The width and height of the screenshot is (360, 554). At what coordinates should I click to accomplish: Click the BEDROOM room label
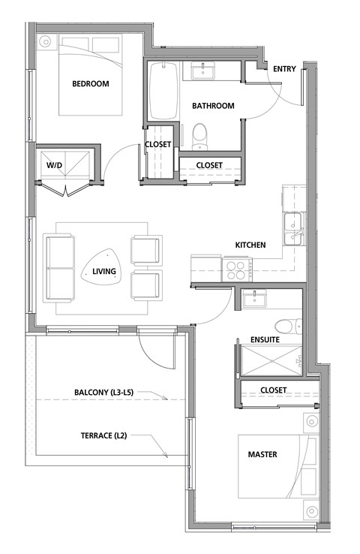tap(91, 84)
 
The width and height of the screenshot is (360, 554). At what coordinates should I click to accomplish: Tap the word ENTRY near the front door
tap(284, 70)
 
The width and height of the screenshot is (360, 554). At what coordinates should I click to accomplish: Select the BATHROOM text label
tap(213, 106)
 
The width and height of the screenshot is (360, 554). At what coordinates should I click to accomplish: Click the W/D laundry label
tap(55, 164)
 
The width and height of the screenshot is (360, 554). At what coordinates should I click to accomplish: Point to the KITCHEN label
tap(251, 245)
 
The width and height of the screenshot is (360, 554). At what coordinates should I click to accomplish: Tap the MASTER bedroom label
tap(262, 454)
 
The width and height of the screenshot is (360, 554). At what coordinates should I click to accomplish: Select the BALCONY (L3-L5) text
tap(111, 393)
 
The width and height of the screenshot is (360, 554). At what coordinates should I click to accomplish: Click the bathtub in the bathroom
tap(163, 91)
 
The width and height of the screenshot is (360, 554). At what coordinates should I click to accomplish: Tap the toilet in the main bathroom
tap(199, 136)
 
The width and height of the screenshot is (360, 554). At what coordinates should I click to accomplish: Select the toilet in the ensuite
tap(286, 326)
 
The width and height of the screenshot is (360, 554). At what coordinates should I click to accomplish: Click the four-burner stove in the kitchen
tap(236, 268)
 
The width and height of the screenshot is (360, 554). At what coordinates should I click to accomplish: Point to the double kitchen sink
tap(292, 229)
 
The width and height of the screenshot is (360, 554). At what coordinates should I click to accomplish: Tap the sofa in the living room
tap(60, 266)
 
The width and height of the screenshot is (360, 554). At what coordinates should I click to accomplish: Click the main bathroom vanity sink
tap(202, 71)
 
